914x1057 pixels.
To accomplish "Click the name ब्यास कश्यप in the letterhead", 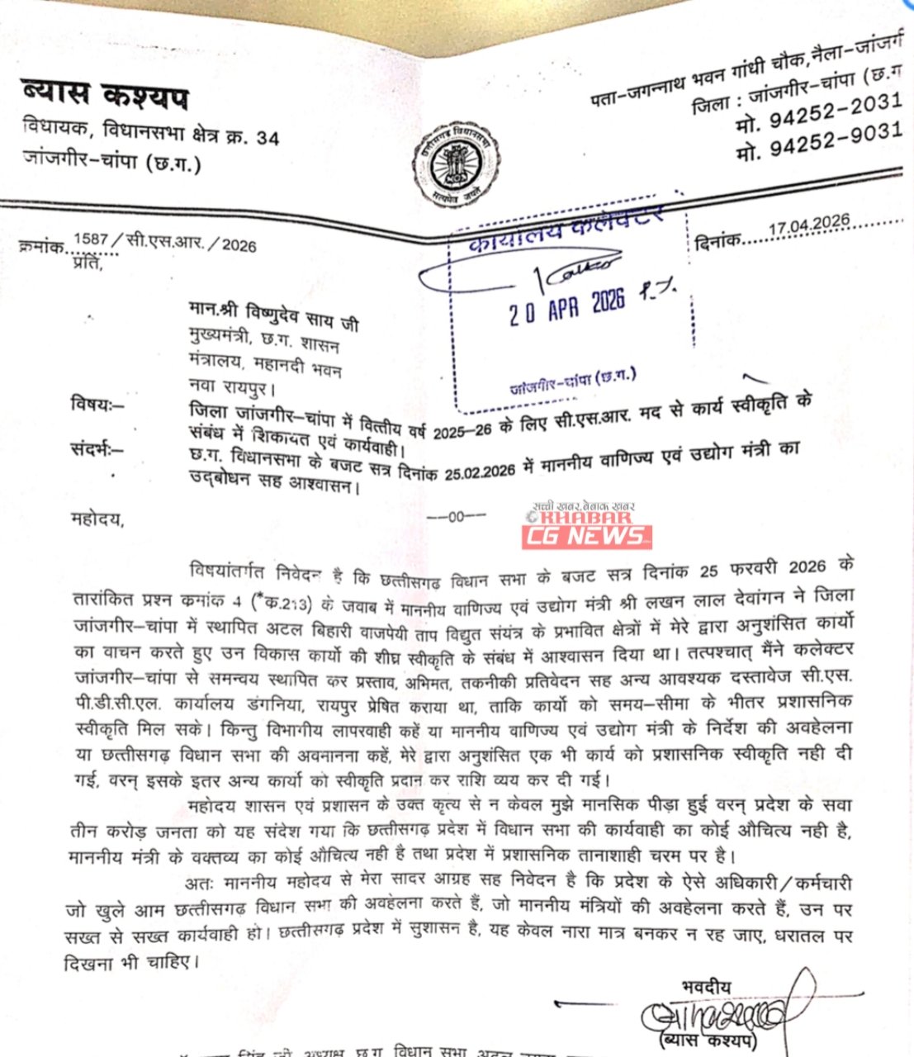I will (x=105, y=97).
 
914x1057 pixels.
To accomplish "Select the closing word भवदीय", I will (x=706, y=986).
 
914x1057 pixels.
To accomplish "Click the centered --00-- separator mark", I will (x=457, y=518).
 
